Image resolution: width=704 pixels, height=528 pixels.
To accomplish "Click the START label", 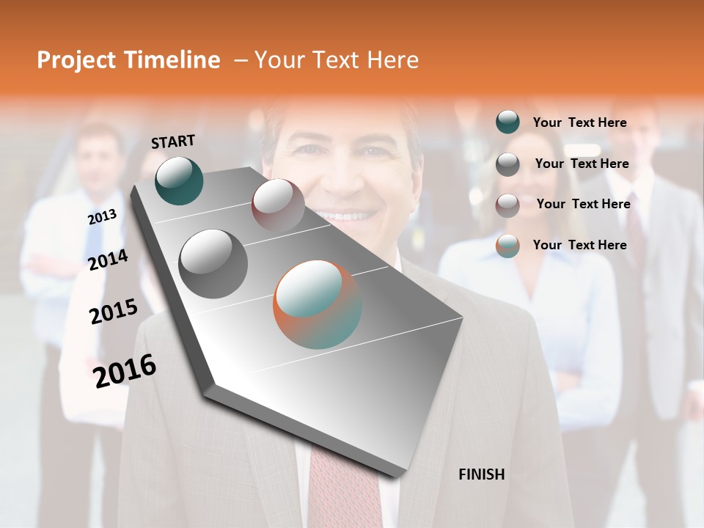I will [173, 142].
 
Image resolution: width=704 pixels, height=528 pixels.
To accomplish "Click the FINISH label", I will [481, 474].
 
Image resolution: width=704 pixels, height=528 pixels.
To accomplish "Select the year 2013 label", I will [102, 217].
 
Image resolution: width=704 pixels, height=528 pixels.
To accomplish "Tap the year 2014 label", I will [108, 260].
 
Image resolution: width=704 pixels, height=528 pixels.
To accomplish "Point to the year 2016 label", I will [125, 371].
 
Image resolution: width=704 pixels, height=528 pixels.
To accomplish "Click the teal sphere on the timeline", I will [179, 180].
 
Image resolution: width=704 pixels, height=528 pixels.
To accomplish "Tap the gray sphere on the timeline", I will [213, 263].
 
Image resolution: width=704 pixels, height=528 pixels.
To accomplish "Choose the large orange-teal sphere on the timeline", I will [318, 304].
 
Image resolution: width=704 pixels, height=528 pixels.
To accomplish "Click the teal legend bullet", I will [507, 122].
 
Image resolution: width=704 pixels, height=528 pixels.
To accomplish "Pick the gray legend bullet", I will [507, 164].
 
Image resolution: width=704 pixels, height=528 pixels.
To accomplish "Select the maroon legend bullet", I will [507, 205].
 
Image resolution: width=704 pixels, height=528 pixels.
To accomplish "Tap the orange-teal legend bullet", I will [507, 246].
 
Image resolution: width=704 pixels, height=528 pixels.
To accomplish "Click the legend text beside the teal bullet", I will [579, 122].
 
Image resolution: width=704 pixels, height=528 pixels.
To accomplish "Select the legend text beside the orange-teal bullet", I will [579, 245].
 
